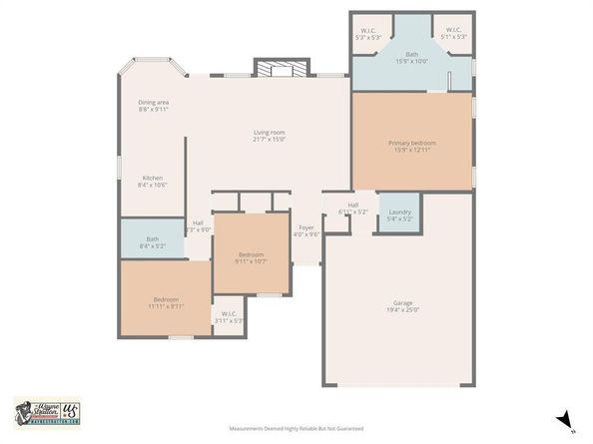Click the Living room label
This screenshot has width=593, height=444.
[x=269, y=132]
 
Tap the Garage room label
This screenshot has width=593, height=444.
[x=402, y=302]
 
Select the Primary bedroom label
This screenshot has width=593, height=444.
[x=412, y=143]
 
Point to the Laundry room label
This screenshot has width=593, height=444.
[x=399, y=211]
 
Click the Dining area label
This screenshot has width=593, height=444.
[x=153, y=102]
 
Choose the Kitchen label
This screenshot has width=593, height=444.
[x=152, y=178]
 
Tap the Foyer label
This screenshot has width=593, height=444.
[x=306, y=227]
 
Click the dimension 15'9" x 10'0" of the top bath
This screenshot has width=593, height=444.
[x=411, y=61]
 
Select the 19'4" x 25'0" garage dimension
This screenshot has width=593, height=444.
[x=402, y=309]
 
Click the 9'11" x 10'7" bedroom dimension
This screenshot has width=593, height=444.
[x=250, y=261]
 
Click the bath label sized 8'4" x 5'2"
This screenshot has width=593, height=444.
[x=152, y=238]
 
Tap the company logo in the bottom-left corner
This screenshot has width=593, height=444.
[x=47, y=412]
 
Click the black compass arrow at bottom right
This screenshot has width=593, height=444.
[x=564, y=420]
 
